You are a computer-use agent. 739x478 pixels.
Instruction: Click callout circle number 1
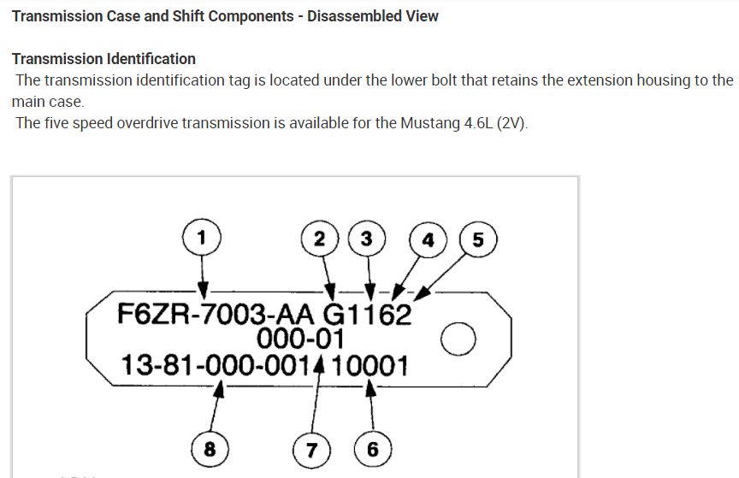[x=202, y=236]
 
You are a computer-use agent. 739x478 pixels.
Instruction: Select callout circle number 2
[x=320, y=238]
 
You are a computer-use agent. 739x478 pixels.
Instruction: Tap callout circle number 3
[x=367, y=238]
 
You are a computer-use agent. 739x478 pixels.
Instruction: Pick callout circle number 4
[x=428, y=239]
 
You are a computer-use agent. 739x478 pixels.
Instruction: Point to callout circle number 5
[x=477, y=239]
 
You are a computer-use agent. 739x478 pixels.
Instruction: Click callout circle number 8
[x=209, y=448]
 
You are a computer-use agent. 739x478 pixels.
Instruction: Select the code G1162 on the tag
[x=367, y=314]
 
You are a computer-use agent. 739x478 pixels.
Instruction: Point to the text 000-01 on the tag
[x=305, y=339]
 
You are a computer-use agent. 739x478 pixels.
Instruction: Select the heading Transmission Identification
[x=103, y=59]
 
